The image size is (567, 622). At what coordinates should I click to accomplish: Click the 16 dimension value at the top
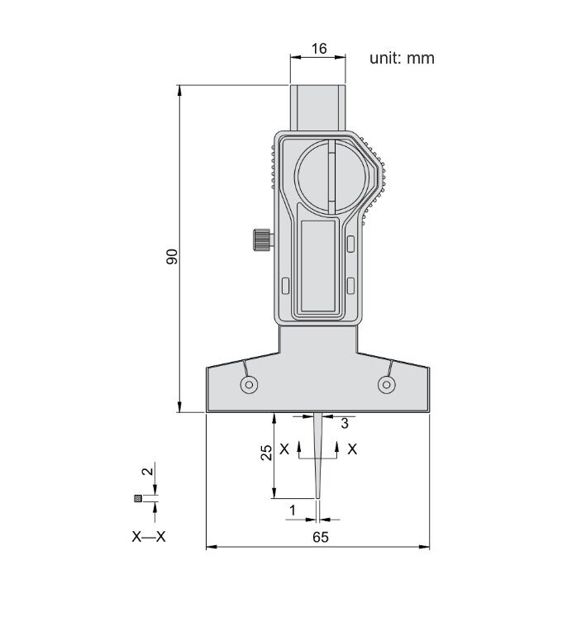click(x=319, y=49)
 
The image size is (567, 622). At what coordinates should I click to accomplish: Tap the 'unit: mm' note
click(x=402, y=59)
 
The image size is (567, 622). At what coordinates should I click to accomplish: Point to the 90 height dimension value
click(x=172, y=257)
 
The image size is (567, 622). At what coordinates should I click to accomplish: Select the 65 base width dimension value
click(x=321, y=537)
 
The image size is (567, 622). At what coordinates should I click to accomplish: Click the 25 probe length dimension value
click(x=266, y=453)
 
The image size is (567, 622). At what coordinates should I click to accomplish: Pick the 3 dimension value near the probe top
click(x=344, y=424)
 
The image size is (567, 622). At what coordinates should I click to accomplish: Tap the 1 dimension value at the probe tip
click(x=293, y=510)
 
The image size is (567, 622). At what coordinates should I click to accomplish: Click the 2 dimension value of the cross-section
click(x=147, y=472)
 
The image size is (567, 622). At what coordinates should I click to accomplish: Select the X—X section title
click(x=149, y=537)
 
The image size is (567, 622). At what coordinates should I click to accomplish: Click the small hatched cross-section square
click(x=138, y=499)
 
